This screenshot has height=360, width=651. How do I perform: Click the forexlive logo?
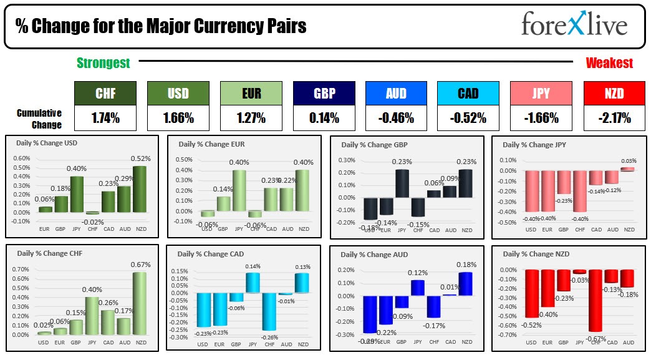coord(574,26)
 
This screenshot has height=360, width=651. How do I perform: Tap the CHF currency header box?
coord(105,94)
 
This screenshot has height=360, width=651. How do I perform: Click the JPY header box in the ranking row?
coord(541,94)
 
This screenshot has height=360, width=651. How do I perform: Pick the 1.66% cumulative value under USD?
coord(178,117)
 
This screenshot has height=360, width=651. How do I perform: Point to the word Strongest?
coord(104,63)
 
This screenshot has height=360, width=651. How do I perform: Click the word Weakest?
coord(609,63)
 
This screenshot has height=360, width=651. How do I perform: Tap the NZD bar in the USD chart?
coord(140,189)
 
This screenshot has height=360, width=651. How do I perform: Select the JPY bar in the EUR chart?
coord(239,190)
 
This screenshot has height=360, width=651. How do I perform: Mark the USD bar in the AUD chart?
coord(370,314)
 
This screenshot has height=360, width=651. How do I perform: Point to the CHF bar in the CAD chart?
coord(269,311)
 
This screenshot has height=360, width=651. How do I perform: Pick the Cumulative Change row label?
coord(39,119)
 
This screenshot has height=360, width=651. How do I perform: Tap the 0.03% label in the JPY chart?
coord(629,161)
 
